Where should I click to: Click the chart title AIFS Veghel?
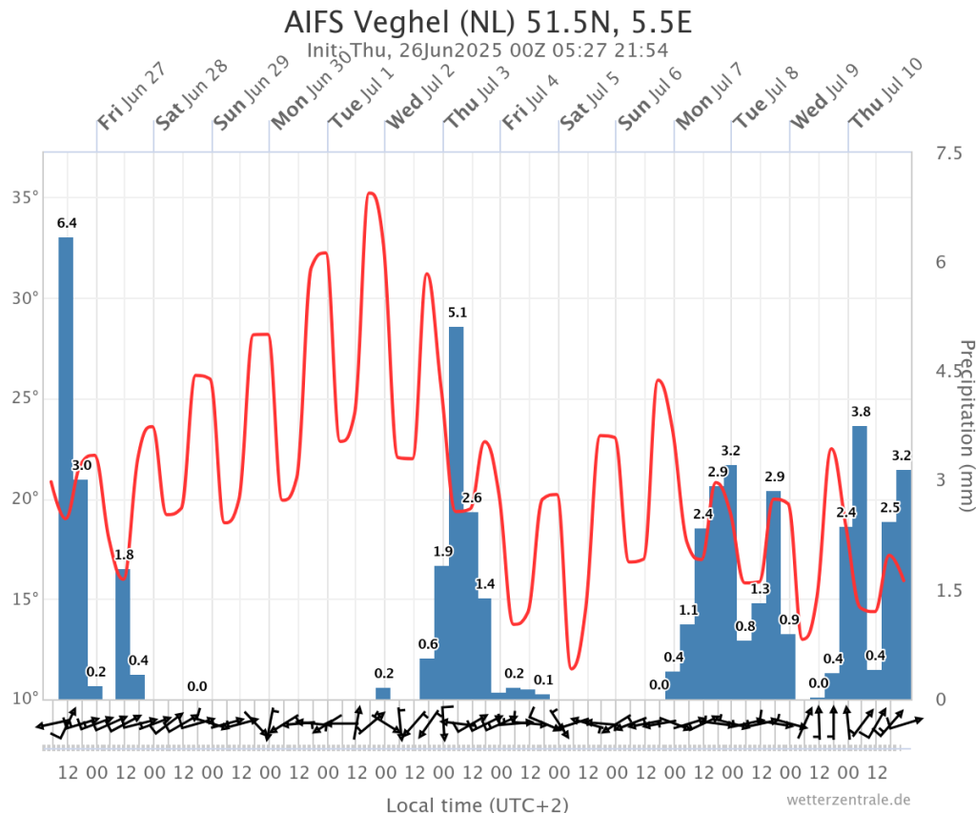coord(487,21)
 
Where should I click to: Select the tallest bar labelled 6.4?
coord(66,467)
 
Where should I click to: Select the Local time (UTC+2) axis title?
coord(477,804)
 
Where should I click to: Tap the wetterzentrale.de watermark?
coord(849,799)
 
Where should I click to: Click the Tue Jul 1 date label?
coord(361,95)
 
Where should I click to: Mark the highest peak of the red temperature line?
coord(371,193)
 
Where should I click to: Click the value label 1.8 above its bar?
coord(124,555)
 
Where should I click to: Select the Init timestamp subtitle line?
coord(487,51)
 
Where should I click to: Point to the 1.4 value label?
coord(485,583)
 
